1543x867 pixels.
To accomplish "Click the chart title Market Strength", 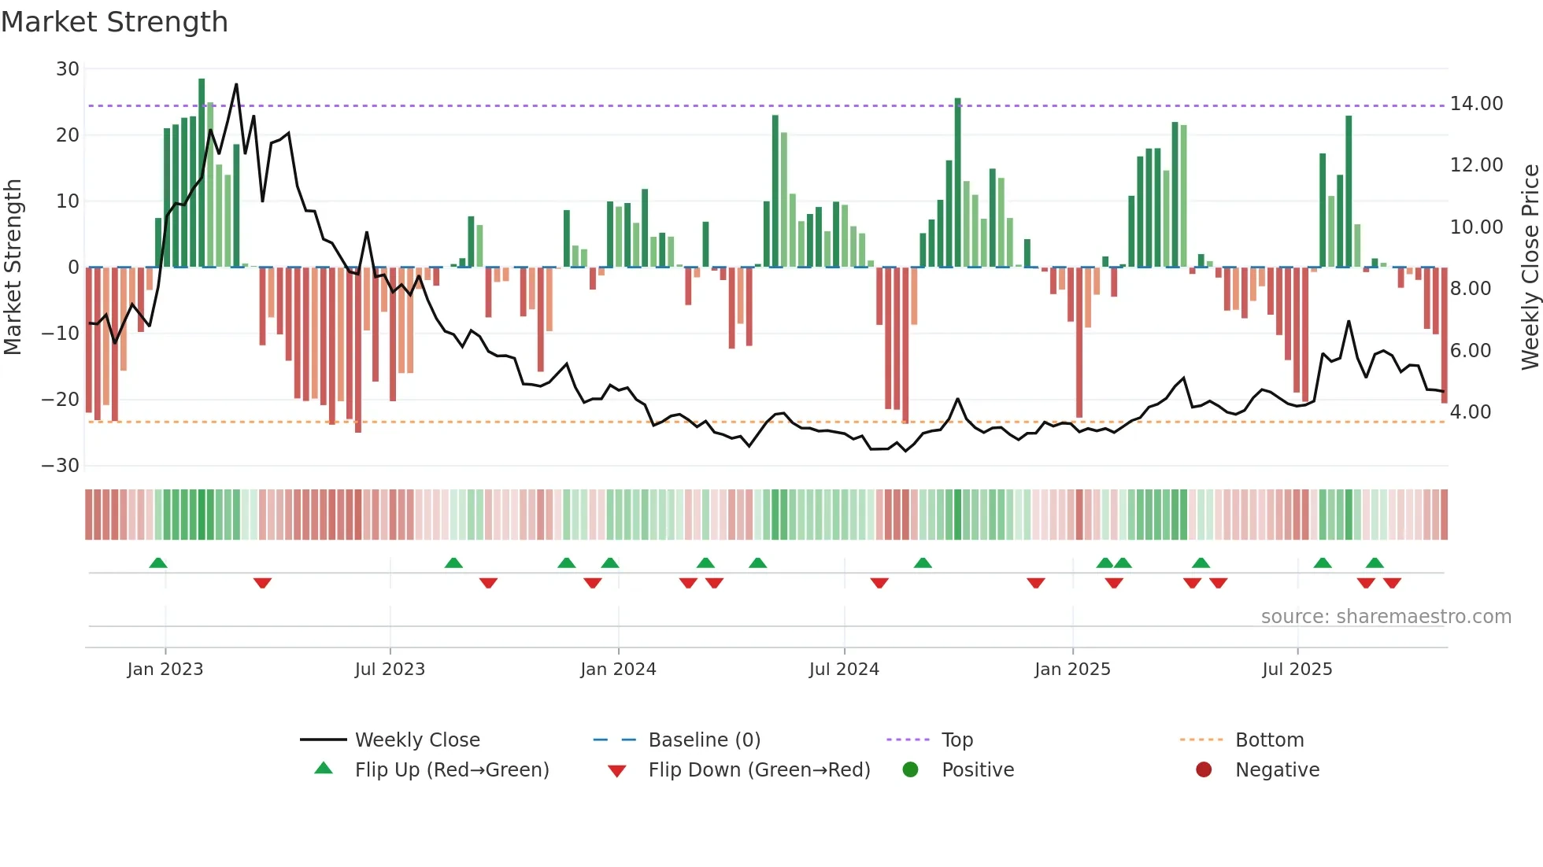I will point(114,22).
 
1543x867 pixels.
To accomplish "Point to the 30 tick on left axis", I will point(68,69).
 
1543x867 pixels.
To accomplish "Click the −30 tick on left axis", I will point(61,466).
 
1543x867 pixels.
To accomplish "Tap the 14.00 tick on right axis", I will point(1476,104).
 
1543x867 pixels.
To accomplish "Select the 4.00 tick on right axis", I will point(1471,412).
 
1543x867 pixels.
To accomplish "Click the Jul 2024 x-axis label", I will point(843,670).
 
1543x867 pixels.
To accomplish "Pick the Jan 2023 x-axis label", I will point(165,670).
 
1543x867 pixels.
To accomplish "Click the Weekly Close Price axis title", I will point(1530,267).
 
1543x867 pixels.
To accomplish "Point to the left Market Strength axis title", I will point(13,267).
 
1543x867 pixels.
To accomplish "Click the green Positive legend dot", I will point(911,770).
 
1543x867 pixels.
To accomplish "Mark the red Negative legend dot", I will point(1204,770).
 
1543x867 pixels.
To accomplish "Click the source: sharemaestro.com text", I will point(1386,617).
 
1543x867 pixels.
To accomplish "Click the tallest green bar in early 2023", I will point(202,173).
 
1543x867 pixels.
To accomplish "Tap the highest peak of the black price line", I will point(236,85).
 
